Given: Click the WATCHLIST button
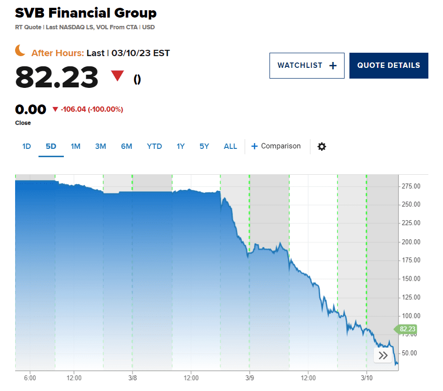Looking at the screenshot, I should point(307,65).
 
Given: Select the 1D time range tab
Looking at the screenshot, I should point(27,146).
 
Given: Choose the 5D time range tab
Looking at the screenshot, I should point(51,146).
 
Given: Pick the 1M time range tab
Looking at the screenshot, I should point(76,146).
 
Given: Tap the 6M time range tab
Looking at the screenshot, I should point(127,146).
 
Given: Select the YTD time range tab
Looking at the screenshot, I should point(154,146).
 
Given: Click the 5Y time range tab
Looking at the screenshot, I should point(204,146).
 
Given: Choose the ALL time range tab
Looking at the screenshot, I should point(231,146).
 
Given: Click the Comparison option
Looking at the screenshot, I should point(276,146).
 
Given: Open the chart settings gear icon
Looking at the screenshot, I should point(322,146).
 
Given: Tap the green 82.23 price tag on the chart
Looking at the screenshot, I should point(406,329).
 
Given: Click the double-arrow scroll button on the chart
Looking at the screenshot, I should point(383,355).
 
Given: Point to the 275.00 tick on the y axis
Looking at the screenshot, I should point(411,186).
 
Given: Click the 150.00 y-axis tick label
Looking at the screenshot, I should point(411,279).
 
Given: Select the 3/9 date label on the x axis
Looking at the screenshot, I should point(250,377).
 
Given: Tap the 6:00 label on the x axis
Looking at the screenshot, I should point(30,377).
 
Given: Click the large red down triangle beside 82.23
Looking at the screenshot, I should point(117,76).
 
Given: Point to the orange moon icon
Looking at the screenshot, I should point(20,50).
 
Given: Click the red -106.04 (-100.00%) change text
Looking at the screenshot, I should point(92,109).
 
